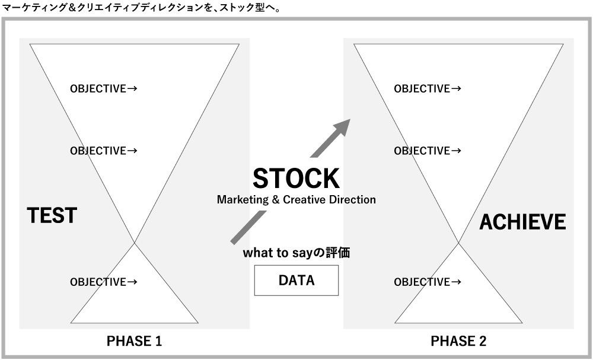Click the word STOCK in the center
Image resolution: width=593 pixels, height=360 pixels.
(x=296, y=179)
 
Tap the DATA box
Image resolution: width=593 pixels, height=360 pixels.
(x=296, y=281)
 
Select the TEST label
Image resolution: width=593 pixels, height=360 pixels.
(x=52, y=215)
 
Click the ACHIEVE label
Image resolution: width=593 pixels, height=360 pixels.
(x=522, y=222)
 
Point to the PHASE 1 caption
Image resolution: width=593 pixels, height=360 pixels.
(x=134, y=342)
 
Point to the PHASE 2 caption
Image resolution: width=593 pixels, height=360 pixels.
(x=458, y=342)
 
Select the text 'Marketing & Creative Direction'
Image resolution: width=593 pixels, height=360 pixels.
(x=296, y=200)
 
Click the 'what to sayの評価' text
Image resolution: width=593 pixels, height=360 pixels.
(x=296, y=253)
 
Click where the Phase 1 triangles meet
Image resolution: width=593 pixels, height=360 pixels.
(x=135, y=243)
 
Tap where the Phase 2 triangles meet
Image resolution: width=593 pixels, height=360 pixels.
(x=458, y=243)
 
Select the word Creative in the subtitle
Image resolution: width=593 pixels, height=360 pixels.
(x=305, y=200)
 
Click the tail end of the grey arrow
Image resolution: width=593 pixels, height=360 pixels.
(x=232, y=240)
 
